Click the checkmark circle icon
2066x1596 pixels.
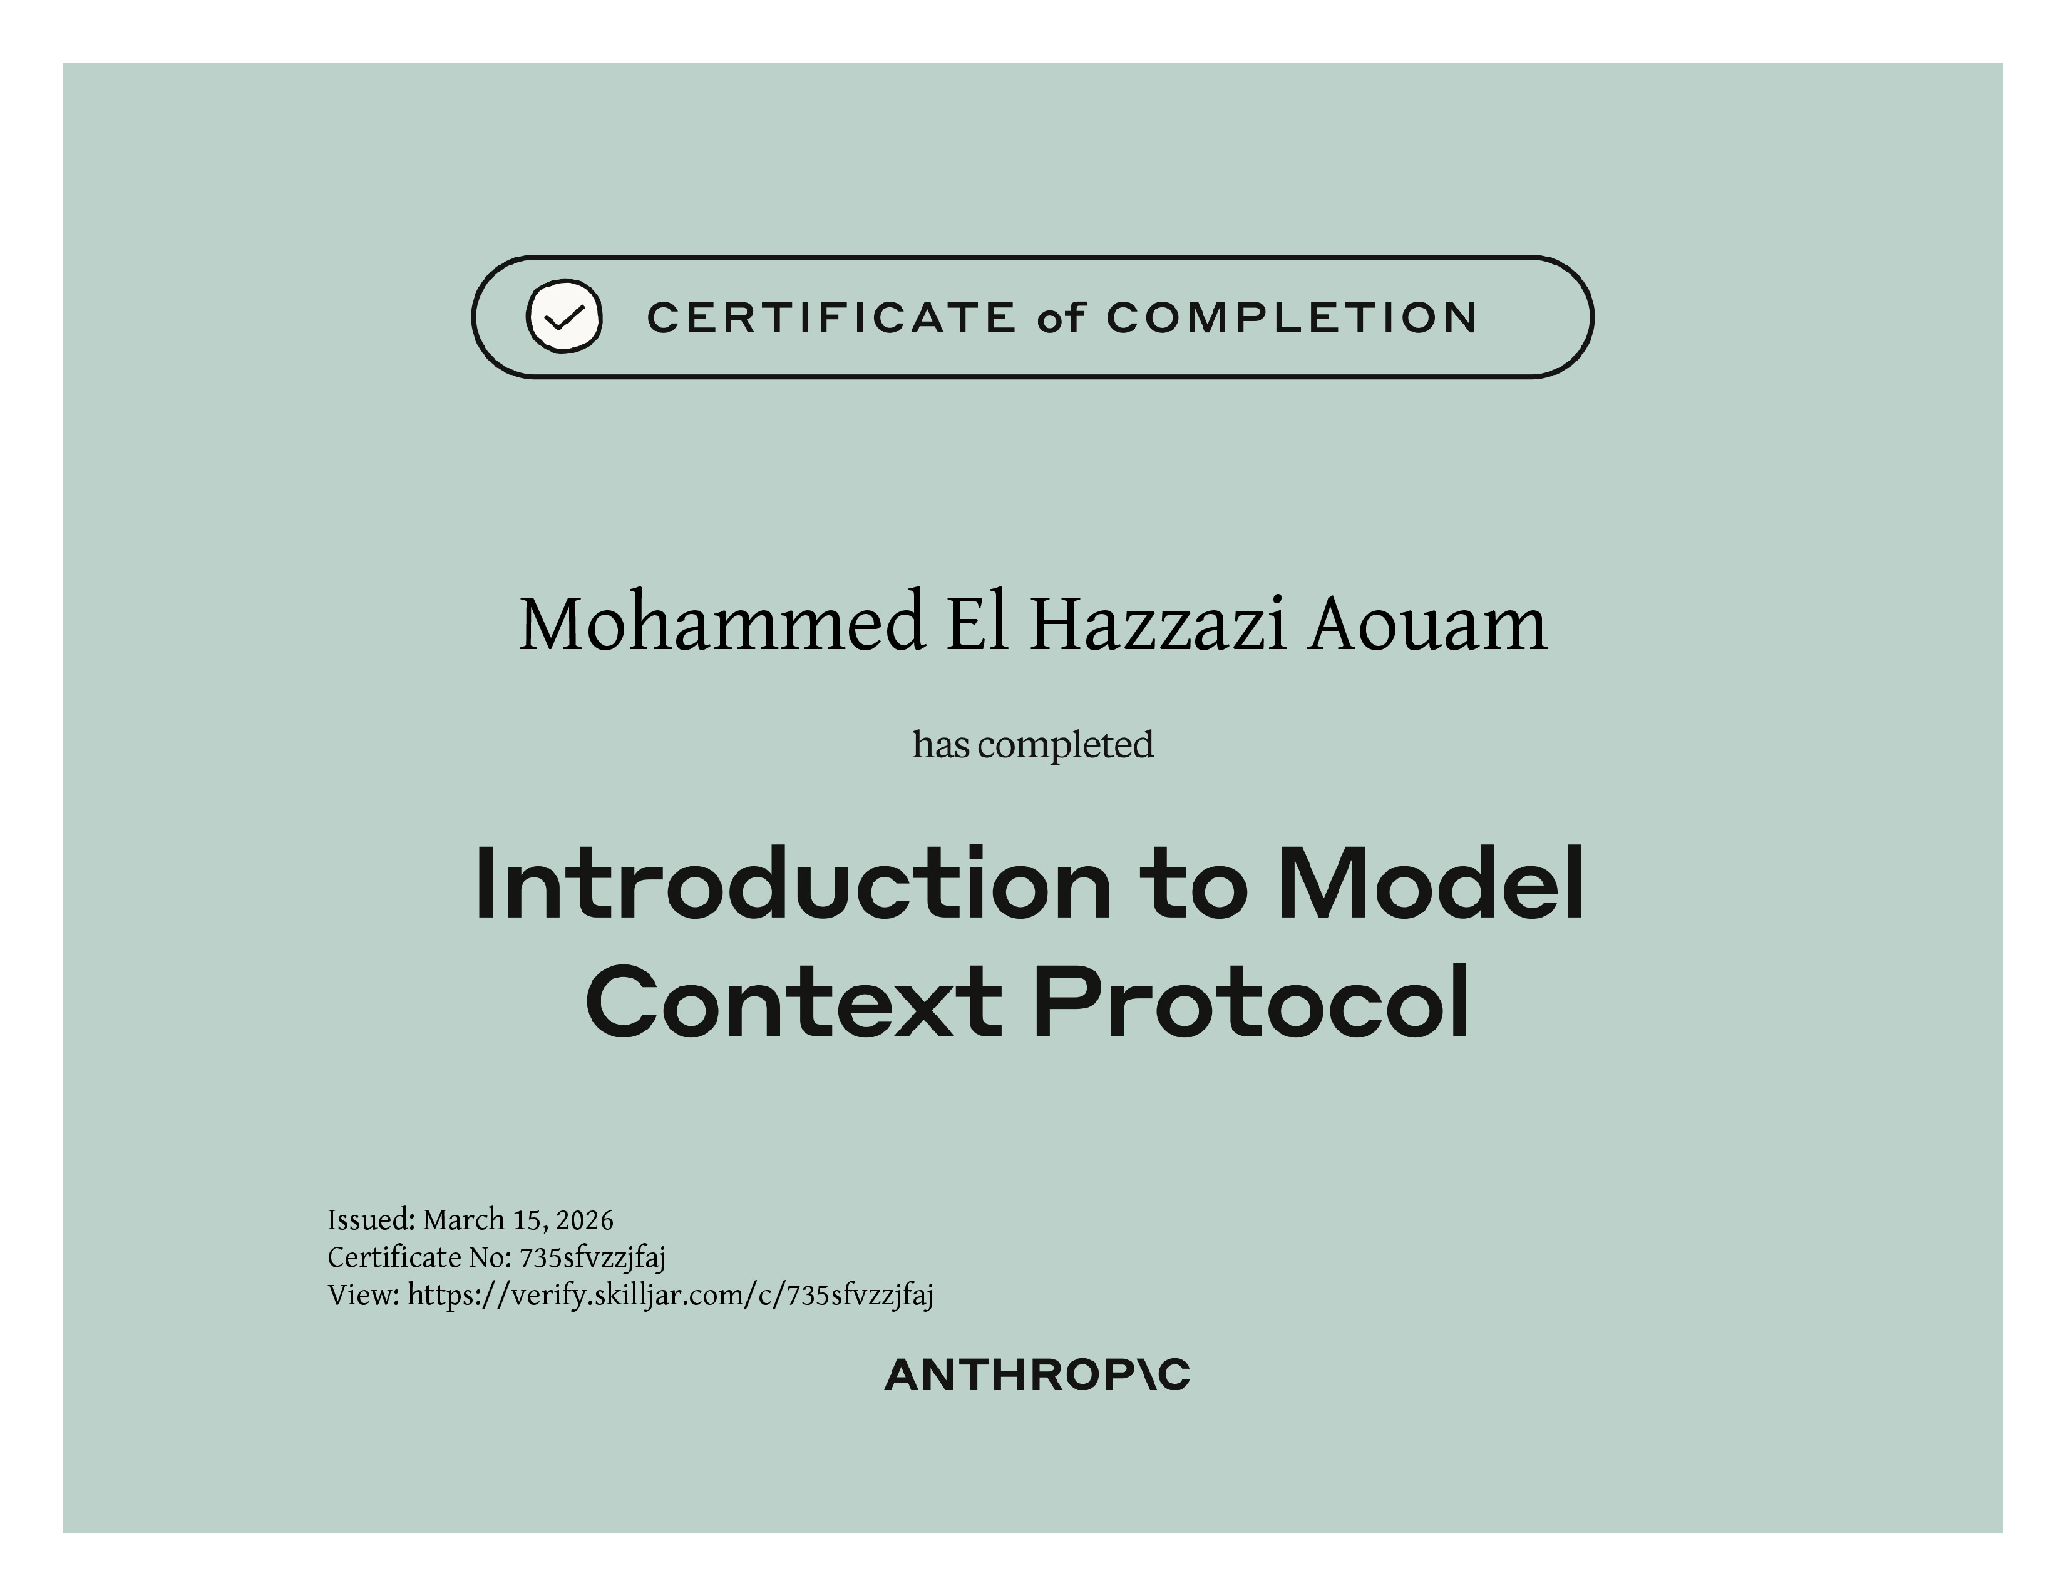point(564,316)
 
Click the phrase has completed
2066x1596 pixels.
point(1033,745)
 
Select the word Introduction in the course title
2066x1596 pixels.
point(793,883)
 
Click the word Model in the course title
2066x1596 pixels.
point(1431,883)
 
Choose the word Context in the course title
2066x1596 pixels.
point(794,1001)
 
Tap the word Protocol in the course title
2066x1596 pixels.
point(1251,1001)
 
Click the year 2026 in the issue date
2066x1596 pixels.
point(585,1220)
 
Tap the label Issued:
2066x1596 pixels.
point(371,1220)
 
